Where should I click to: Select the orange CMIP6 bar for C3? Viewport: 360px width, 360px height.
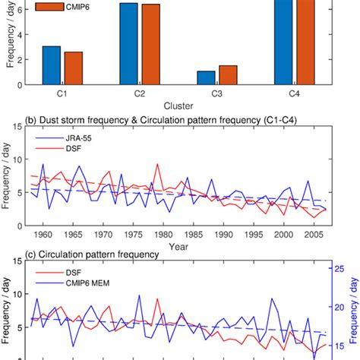pyautogui.click(x=228, y=75)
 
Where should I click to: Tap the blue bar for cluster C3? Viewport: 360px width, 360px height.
pyautogui.click(x=206, y=77)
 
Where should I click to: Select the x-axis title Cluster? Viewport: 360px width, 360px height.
pyautogui.click(x=178, y=106)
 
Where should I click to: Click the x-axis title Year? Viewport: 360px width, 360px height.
pyautogui.click(x=178, y=248)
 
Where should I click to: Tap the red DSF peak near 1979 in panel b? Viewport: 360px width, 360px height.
pyautogui.click(x=157, y=164)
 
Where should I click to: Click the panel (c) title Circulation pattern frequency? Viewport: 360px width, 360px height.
pyautogui.click(x=91, y=256)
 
